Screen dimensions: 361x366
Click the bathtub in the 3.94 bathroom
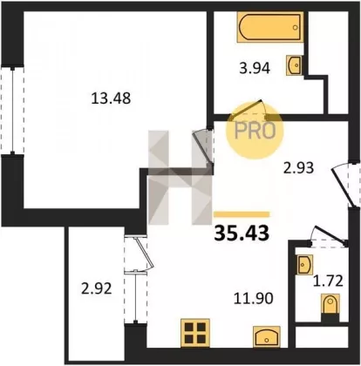270,27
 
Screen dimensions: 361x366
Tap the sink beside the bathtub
294,65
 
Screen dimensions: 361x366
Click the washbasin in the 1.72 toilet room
305,265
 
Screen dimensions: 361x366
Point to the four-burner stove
195,333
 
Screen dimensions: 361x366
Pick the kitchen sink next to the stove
267,336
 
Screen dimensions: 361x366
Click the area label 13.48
111,98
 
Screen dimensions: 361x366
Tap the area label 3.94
255,69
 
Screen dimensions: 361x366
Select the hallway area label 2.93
298,167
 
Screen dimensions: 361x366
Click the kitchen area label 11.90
254,298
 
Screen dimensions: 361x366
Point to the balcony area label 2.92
97,289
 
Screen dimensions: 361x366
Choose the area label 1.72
328,281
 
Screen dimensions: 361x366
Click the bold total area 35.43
242,234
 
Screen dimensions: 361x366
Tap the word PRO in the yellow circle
255,131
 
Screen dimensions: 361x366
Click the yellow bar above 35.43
242,214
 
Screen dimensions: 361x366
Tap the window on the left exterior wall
12,111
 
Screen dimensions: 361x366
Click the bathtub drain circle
296,28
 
